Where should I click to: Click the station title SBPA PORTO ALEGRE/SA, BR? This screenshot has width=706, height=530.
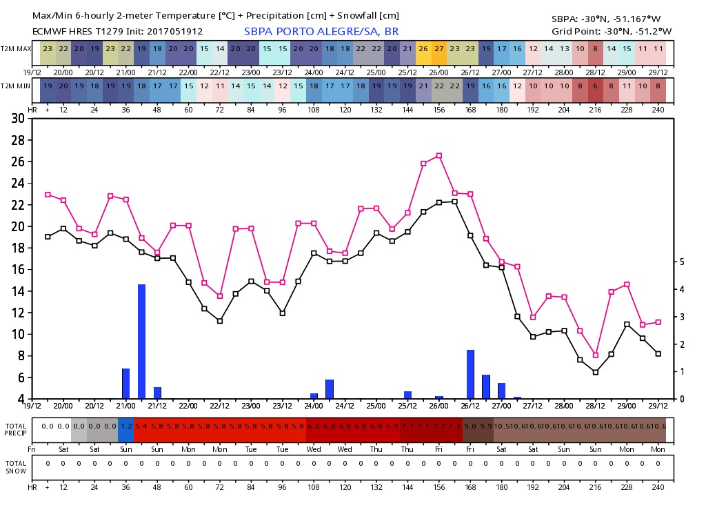[321, 32]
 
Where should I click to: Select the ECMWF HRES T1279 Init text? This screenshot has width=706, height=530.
[117, 32]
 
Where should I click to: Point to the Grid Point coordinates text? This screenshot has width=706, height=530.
[612, 32]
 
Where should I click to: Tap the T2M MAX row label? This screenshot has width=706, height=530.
[16, 48]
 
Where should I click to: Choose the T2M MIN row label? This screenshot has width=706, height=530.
[16, 86]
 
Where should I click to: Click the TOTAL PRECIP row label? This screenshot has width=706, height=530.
[16, 429]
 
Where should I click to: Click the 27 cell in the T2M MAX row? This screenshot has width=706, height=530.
[439, 48]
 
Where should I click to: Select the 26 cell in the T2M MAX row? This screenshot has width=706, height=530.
[423, 48]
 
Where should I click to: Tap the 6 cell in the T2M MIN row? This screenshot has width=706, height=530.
[596, 86]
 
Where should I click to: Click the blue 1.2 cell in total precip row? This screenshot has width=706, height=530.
[125, 426]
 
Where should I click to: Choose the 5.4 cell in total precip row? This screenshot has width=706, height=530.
[142, 426]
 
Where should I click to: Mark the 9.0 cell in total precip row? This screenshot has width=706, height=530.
[470, 426]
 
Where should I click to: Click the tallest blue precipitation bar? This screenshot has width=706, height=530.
[141, 341]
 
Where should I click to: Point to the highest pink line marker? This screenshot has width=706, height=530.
[439, 155]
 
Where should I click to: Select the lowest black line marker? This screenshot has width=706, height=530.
[596, 372]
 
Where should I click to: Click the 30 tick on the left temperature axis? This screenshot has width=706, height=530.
[19, 118]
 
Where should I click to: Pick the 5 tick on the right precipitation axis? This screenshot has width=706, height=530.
[681, 262]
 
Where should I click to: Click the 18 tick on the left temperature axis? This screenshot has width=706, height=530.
[19, 248]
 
